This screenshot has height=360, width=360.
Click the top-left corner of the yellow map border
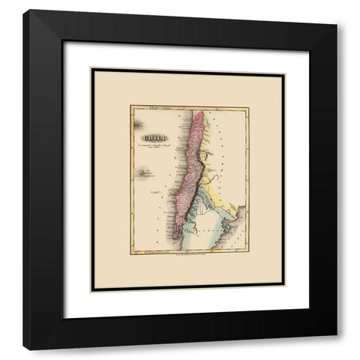pos(130,106)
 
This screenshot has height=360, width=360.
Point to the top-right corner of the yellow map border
pos(249,106)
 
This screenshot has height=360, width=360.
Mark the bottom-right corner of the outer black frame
pos(337,349)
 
